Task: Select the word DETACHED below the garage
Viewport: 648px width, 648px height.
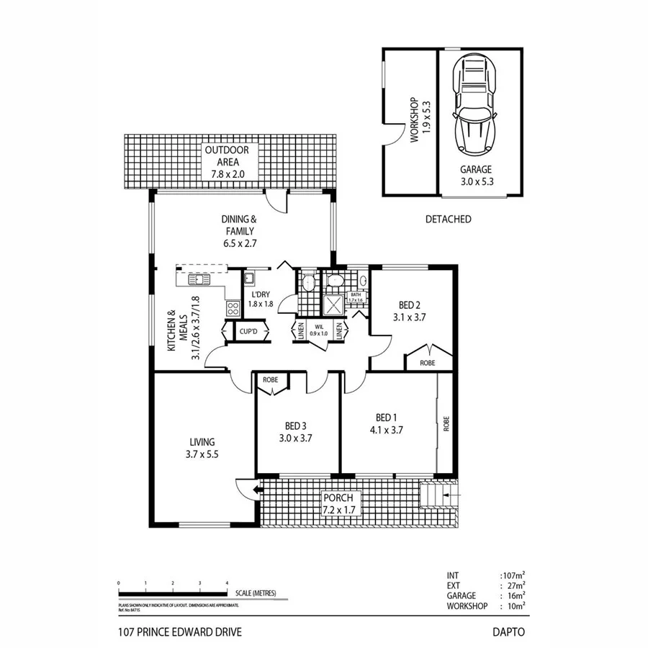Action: pyautogui.click(x=448, y=219)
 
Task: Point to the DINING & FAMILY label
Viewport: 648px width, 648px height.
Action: pyautogui.click(x=240, y=230)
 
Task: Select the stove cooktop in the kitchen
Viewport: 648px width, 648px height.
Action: pyautogui.click(x=233, y=308)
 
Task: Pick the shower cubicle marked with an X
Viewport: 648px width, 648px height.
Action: pyautogui.click(x=334, y=306)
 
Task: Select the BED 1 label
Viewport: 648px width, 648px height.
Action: pyautogui.click(x=386, y=418)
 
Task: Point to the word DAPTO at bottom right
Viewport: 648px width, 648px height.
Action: pyautogui.click(x=508, y=632)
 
